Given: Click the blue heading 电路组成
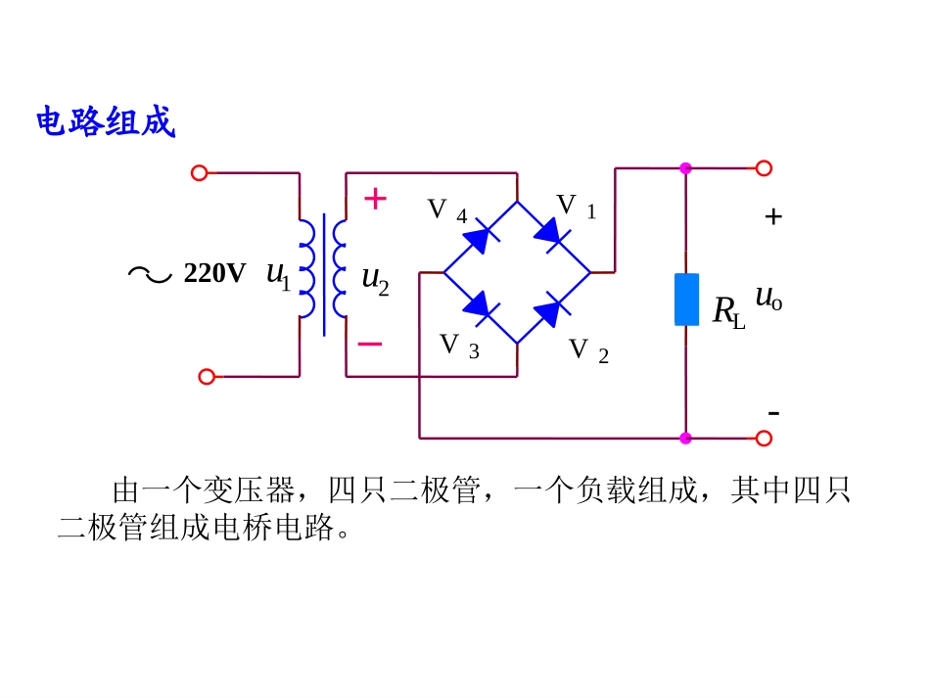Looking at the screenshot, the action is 106,122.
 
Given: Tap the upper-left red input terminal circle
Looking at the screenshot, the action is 200,173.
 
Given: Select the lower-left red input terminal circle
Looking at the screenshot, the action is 207,377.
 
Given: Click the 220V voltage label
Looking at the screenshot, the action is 214,273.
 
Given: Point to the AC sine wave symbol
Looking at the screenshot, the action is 150,274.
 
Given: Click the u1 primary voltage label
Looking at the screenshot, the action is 279,276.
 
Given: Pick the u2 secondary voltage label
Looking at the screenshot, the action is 376,280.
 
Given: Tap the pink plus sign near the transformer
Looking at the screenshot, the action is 376,199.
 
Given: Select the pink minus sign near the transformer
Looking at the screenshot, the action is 370,344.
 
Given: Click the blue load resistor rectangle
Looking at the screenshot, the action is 686,300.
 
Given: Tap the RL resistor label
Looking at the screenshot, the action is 728,312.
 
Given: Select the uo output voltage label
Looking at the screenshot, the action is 768,298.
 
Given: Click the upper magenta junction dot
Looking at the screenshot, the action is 685,168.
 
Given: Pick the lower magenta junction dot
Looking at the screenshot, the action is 685,439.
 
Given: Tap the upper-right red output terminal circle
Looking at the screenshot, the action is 764,168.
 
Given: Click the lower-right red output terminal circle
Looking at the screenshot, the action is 764,439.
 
